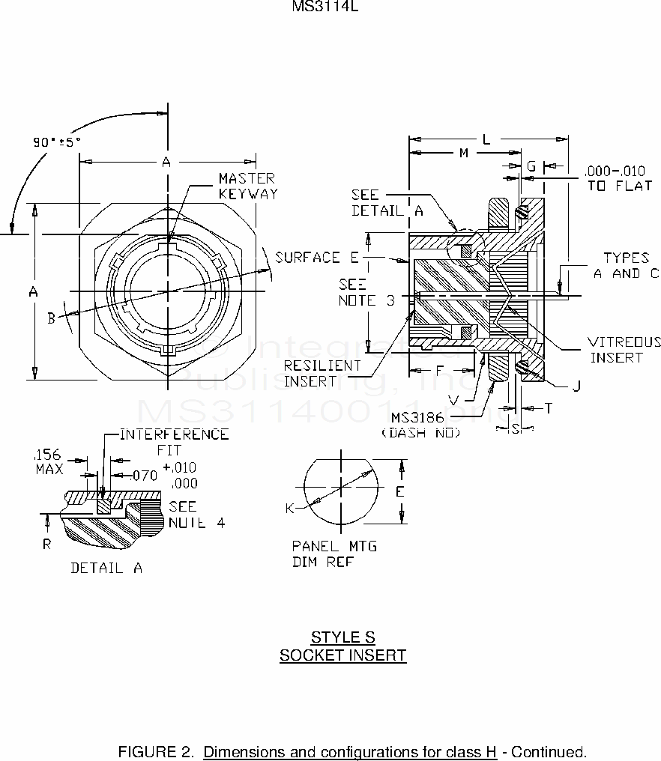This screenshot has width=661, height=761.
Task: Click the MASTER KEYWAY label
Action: pos(247,186)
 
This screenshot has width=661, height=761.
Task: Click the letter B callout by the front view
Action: pos(51,318)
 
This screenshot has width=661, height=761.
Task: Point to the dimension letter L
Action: pos(486,139)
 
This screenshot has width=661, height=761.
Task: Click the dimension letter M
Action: pos(463,154)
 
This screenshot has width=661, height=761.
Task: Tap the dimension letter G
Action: pos(531,166)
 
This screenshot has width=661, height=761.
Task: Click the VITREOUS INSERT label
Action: pos(624,350)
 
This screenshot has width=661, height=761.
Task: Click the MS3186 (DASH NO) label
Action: pos(420,424)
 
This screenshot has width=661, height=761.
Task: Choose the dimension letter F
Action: pos(440,370)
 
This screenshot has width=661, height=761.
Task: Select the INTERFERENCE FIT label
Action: pos(174,443)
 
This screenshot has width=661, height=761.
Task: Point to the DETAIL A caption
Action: pos(106,568)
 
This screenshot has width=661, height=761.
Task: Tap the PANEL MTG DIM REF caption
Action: pos(333,554)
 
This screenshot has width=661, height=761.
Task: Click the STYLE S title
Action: pos(342,637)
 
